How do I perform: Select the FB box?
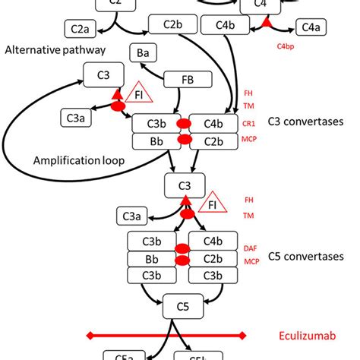pos(187,80)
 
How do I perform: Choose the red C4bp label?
pos(286,46)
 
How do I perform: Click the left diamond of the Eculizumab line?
pos(90,335)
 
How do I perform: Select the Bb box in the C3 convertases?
pos(155,141)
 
